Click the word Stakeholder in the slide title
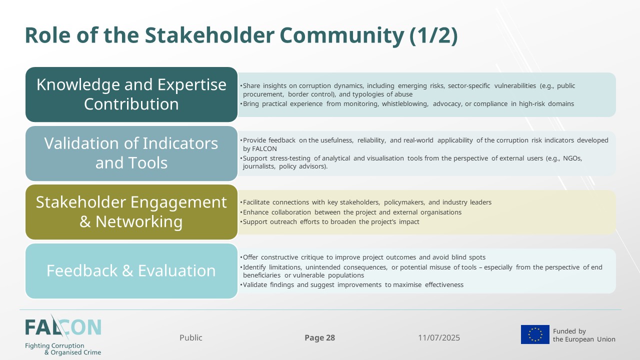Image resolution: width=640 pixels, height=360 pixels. point(209,35)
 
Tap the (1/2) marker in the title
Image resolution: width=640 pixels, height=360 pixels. point(433,35)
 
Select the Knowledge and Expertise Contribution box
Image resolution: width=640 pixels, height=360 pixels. point(131,94)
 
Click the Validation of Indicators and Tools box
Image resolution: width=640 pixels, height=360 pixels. point(131,153)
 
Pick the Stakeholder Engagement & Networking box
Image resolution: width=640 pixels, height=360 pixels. point(131,212)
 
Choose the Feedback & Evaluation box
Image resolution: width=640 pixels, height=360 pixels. point(131,271)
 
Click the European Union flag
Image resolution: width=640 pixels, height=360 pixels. point(535,334)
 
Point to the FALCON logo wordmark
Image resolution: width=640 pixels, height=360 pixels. point(63,327)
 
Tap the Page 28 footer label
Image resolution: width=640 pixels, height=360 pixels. point(319,337)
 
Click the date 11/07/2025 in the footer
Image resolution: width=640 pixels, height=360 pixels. point(439,337)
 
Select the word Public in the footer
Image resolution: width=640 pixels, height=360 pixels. point(191,337)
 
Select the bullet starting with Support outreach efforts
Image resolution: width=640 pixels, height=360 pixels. point(329,222)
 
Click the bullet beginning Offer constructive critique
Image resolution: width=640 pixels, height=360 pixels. point(362,257)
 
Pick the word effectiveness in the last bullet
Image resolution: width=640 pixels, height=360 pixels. point(444,285)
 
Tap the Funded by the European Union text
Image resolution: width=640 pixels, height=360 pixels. point(584,335)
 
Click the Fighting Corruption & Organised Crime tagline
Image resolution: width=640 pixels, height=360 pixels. point(63,349)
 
